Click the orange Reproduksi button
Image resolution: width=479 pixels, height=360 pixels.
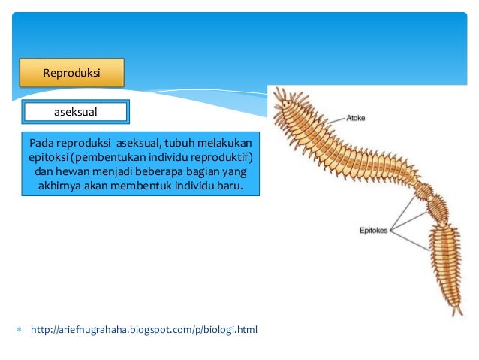(x=71, y=74)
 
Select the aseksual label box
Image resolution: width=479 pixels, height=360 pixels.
(x=76, y=112)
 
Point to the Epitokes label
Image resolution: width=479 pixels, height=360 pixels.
(x=373, y=231)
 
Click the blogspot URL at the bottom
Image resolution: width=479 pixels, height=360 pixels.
(x=143, y=329)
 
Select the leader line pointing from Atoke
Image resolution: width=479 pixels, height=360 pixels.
(x=333, y=120)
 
